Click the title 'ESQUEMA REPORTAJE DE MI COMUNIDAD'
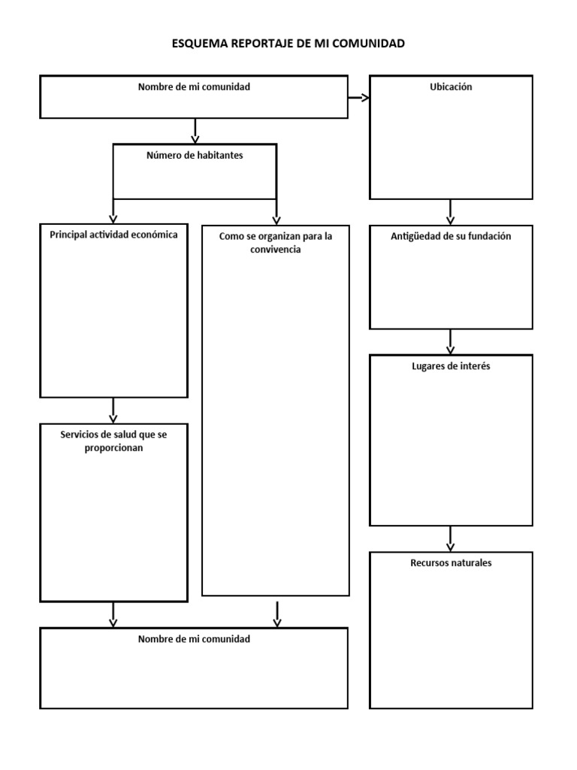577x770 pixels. click(288, 44)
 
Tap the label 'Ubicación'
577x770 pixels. click(451, 87)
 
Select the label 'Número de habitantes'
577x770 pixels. click(195, 156)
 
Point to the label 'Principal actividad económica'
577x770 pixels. click(113, 235)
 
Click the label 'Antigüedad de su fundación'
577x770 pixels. click(451, 236)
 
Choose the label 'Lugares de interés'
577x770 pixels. click(451, 366)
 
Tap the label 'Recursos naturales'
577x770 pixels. click(451, 562)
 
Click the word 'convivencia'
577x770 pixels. click(276, 250)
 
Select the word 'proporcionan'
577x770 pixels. click(113, 447)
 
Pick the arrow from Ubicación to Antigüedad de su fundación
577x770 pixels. click(451, 213)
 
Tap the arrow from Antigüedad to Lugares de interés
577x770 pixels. click(451, 342)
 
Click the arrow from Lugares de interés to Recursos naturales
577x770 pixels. click(451, 539)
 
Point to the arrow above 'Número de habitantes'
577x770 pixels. click(195, 132)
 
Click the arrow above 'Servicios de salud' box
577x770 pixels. click(113, 411)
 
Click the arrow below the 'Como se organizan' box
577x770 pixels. click(277, 615)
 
